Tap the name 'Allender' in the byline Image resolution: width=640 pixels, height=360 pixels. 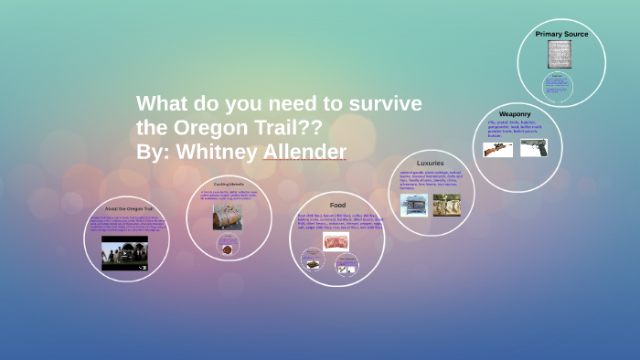[304, 151]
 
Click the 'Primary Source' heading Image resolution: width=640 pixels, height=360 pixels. [561, 34]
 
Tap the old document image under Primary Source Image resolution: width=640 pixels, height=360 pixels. [561, 54]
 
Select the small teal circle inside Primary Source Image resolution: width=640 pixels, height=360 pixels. [558, 88]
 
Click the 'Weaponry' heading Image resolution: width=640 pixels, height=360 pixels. [516, 114]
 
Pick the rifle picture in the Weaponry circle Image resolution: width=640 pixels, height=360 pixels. [497, 149]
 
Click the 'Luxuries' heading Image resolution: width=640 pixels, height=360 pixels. [430, 164]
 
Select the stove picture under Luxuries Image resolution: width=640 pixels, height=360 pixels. [413, 205]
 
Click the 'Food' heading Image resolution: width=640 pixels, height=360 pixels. [336, 205]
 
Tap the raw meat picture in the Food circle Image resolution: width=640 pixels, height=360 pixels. [336, 241]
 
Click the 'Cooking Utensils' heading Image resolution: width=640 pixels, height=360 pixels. [229, 185]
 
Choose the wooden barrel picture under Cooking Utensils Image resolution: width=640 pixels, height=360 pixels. [228, 217]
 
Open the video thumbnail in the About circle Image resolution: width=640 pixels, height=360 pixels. [124, 255]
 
